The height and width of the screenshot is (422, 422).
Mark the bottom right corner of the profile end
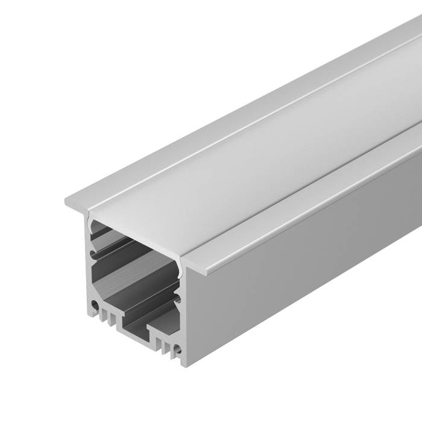[x=185, y=364]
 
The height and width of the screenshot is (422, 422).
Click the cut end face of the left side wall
[x=89, y=271]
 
